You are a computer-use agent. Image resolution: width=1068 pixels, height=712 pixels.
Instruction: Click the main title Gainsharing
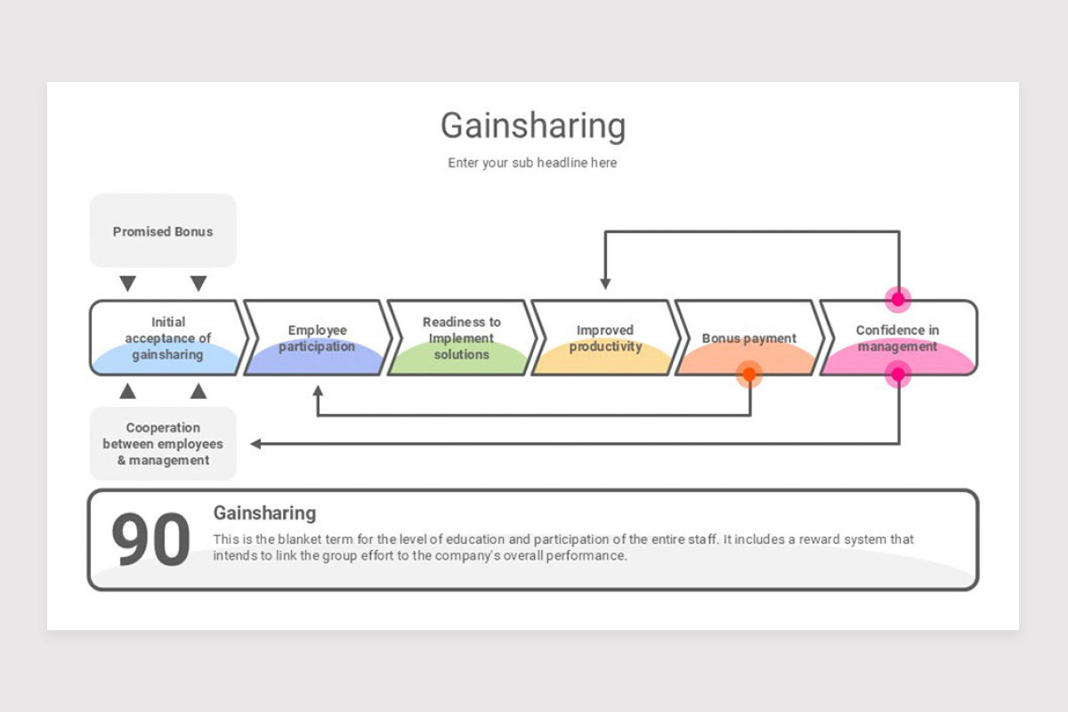tap(532, 125)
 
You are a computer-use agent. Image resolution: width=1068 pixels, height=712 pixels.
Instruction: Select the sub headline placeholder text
tap(532, 163)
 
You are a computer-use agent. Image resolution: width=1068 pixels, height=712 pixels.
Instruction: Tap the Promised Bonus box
tap(163, 231)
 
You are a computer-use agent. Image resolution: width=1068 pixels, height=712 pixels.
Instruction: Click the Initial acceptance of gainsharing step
tap(167, 338)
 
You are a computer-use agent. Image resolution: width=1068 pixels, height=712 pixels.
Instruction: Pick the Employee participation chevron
tap(317, 338)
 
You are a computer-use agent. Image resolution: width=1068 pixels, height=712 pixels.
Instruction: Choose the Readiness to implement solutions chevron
tap(461, 338)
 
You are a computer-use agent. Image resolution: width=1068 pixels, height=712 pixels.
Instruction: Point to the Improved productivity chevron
tap(605, 338)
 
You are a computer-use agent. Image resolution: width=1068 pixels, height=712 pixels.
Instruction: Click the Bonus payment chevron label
tap(748, 338)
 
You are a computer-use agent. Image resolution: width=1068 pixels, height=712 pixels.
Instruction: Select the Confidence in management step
tap(897, 338)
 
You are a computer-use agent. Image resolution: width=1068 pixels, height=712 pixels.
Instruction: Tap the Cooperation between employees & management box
tap(163, 444)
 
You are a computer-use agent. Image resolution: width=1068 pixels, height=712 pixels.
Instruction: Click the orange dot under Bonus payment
tap(749, 375)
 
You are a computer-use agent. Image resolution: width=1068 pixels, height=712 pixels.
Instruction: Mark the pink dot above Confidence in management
tap(898, 299)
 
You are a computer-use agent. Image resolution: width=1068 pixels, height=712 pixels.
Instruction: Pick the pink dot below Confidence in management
tap(898, 375)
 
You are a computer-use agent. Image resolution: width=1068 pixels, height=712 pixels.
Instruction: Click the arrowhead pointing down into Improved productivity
tap(605, 284)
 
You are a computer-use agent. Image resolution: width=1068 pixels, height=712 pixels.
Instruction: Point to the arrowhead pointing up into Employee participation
tap(318, 390)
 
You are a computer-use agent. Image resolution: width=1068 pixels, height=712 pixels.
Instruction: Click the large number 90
tap(150, 540)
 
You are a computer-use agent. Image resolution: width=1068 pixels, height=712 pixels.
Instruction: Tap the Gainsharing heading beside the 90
tap(264, 514)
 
